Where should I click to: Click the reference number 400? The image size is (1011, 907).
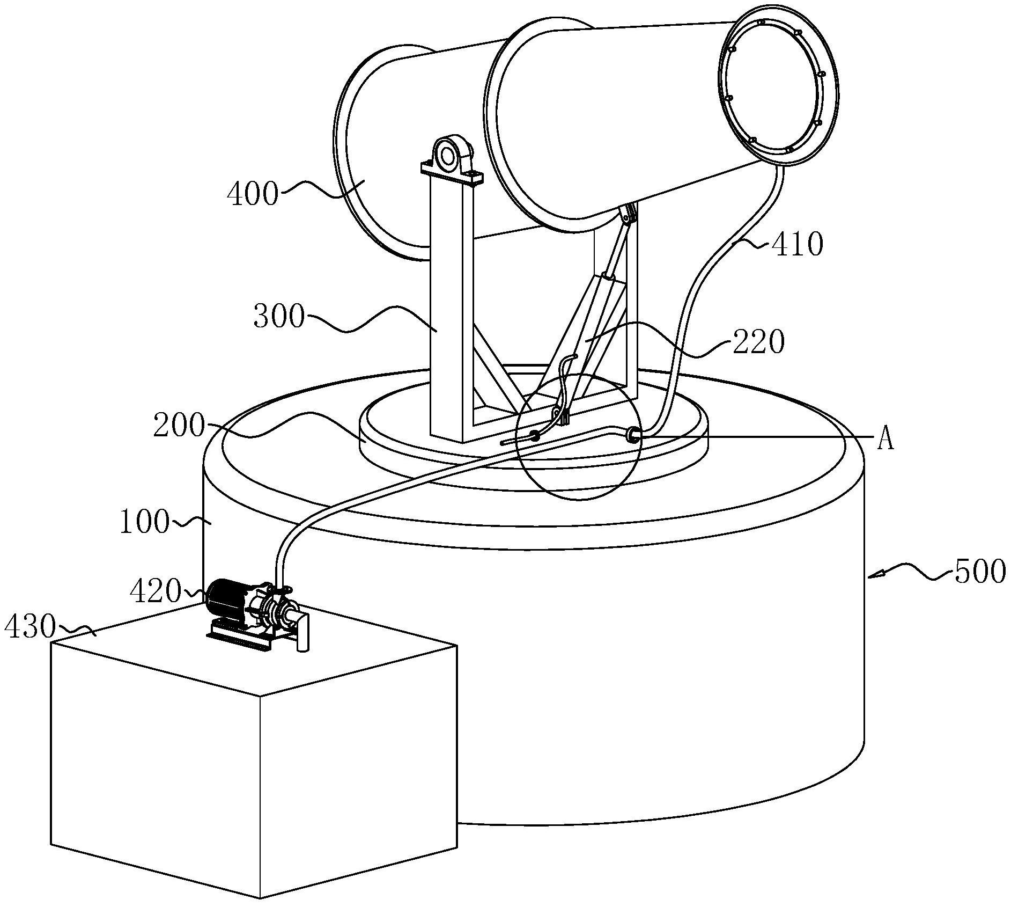click(x=253, y=194)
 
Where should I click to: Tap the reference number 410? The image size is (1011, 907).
click(x=797, y=245)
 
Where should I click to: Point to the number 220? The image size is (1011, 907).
click(x=758, y=341)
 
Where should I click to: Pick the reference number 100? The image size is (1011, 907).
click(x=144, y=522)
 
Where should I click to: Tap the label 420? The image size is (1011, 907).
click(x=156, y=591)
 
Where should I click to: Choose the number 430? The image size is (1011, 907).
click(x=30, y=626)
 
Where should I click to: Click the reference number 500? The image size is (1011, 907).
click(x=979, y=571)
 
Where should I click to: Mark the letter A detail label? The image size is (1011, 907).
click(x=886, y=440)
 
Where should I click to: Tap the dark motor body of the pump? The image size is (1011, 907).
click(x=226, y=600)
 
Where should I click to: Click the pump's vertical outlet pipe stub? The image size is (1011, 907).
click(x=304, y=633)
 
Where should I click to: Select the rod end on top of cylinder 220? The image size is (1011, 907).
click(x=608, y=277)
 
